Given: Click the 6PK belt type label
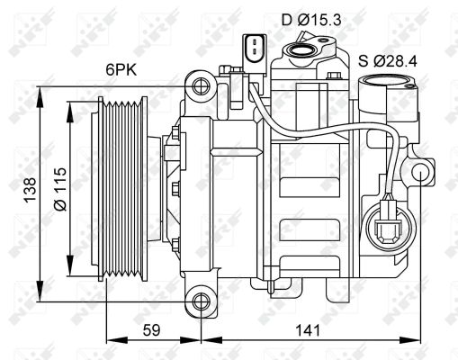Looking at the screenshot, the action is click(121, 70).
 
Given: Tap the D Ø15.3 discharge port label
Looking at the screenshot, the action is click(311, 21).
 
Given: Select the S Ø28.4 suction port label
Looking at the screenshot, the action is click(388, 61).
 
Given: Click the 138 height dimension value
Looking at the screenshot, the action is click(30, 190).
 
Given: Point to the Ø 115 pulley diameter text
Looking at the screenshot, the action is click(60, 189).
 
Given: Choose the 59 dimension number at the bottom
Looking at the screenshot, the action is click(151, 330).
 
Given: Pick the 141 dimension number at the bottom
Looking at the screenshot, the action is click(308, 330).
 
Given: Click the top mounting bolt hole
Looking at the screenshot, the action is click(201, 86).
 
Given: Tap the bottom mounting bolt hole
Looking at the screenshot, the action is click(201, 301).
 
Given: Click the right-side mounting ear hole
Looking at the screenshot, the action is click(421, 173).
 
